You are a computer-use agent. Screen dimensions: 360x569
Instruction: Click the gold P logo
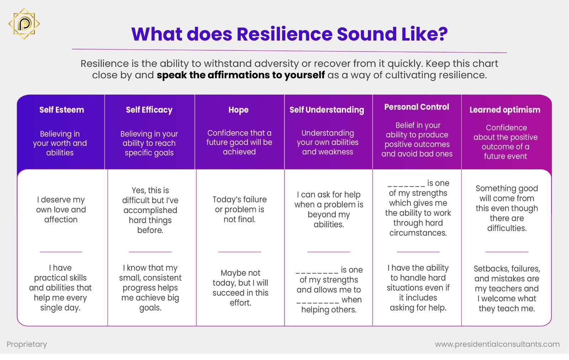coord(24,24)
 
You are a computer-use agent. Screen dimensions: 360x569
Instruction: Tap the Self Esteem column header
coord(62,110)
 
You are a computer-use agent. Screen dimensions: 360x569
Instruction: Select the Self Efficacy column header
coord(149,110)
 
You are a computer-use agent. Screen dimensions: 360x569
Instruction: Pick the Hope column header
coord(239,110)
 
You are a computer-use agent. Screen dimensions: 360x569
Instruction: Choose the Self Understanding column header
coord(326,110)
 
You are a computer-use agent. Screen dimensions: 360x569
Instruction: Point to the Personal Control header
coord(416,107)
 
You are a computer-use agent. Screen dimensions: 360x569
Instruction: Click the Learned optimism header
coord(505,110)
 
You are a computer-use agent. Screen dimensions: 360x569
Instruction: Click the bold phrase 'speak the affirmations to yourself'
coord(241,75)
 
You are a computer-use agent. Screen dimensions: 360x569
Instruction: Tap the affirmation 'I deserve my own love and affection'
coord(61,210)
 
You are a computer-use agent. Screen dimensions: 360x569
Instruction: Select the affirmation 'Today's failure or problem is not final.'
coord(239,210)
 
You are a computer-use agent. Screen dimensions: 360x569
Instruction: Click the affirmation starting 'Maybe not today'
coord(240,288)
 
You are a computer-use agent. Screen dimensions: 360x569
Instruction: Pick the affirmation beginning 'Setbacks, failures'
coord(507,288)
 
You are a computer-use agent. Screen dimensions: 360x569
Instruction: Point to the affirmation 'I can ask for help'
coord(329,210)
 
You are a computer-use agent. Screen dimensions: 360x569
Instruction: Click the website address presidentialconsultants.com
coord(497,344)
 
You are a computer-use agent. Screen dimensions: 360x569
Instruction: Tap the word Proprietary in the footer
coord(27,344)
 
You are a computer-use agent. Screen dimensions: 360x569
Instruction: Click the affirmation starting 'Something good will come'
coord(507,208)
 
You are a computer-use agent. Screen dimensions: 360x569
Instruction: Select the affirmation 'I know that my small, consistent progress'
coord(150,288)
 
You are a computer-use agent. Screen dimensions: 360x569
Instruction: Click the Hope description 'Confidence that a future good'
coord(239,142)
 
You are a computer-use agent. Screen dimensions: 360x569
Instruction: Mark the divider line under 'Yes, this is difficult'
coord(150,252)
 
